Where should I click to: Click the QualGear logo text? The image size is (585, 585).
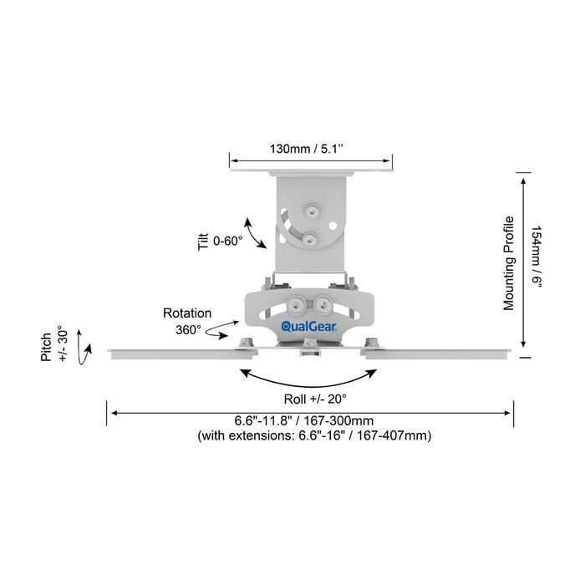[309, 327]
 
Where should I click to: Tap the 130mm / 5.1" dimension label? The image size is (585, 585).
[307, 149]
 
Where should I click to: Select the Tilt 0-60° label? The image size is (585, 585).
[220, 242]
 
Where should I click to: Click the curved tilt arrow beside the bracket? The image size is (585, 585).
[254, 233]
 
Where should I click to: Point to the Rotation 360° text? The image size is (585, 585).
[187, 321]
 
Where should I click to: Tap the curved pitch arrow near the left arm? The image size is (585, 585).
[83, 348]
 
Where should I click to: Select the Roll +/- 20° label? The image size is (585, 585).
[315, 399]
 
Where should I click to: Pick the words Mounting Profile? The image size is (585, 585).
[508, 263]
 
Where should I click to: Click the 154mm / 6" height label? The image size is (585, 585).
[537, 257]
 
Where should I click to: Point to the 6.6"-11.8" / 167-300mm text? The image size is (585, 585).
[304, 421]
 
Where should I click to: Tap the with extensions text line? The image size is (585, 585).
[314, 435]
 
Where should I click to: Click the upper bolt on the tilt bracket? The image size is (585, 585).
[312, 211]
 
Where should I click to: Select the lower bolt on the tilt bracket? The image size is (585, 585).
[310, 240]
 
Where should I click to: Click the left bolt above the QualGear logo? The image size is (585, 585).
[296, 306]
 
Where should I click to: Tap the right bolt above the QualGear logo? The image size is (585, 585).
[323, 306]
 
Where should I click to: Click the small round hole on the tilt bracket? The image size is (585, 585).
[333, 226]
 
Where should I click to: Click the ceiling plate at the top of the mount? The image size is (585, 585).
[311, 172]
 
